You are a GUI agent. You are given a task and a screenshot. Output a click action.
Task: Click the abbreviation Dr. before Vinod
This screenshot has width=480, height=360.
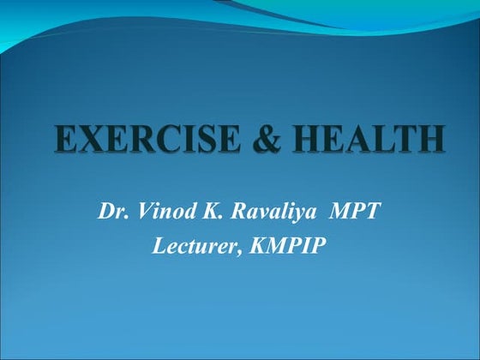pos(111,211)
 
